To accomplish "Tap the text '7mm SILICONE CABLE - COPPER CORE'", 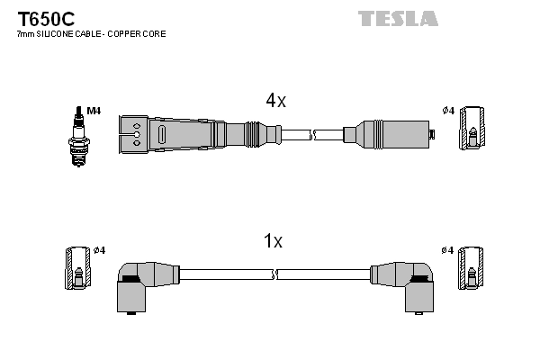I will [x=91, y=34].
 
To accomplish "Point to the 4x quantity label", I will [x=274, y=102].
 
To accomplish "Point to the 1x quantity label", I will [x=272, y=241].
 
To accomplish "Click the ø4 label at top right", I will [x=447, y=111].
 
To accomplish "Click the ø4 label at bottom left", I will [x=99, y=249].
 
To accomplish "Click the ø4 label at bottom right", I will [x=447, y=249].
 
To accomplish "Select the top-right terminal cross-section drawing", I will [x=472, y=130].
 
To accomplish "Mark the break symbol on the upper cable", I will [x=313, y=135].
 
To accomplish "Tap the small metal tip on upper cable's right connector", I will [x=432, y=135].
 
